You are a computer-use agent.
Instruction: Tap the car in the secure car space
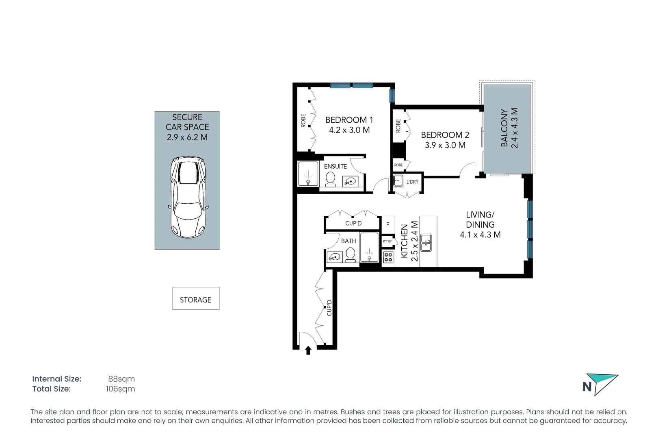[188, 198]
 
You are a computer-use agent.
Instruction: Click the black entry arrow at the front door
[308, 350]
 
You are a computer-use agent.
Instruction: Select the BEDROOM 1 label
[349, 120]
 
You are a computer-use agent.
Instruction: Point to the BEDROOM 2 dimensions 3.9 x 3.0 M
[445, 146]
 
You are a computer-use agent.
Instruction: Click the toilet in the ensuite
[331, 179]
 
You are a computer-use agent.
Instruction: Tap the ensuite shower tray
[308, 174]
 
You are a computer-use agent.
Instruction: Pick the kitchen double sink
[426, 243]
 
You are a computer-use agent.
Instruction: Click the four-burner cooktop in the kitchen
[388, 257]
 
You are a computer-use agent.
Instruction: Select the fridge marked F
[388, 224]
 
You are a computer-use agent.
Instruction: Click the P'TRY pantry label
[387, 241]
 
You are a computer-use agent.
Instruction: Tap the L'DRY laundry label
[412, 182]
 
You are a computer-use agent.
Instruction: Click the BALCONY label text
[504, 128]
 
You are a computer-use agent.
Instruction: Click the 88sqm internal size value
[121, 379]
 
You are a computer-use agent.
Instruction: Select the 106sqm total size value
[120, 389]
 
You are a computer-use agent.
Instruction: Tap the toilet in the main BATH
[350, 255]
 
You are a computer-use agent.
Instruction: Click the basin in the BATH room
[335, 257]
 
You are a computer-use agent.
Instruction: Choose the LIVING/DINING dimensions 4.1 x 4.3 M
[480, 235]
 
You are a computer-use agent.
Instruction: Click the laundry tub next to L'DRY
[398, 180]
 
